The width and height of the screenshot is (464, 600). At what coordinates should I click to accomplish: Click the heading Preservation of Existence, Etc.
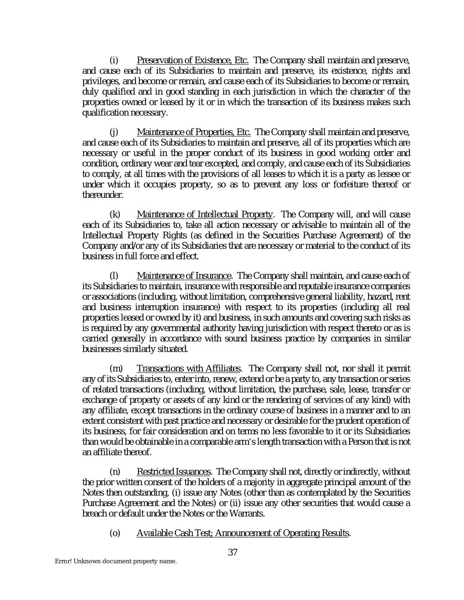click(x=193, y=60)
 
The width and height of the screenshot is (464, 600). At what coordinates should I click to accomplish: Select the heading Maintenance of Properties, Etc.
click(x=194, y=132)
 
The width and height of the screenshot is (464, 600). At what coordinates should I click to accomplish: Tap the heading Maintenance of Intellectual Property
click(x=205, y=215)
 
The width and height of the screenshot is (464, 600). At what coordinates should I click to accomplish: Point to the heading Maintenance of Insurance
click(x=184, y=276)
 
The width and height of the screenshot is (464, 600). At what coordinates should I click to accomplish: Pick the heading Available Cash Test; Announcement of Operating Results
click(x=243, y=533)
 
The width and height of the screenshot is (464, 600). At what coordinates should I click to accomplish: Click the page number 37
click(x=233, y=553)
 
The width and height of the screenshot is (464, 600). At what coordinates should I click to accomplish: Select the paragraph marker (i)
click(x=113, y=60)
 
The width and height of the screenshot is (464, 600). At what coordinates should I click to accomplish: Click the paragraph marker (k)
click(x=114, y=215)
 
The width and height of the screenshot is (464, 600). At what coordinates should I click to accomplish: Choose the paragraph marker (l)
click(x=113, y=276)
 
